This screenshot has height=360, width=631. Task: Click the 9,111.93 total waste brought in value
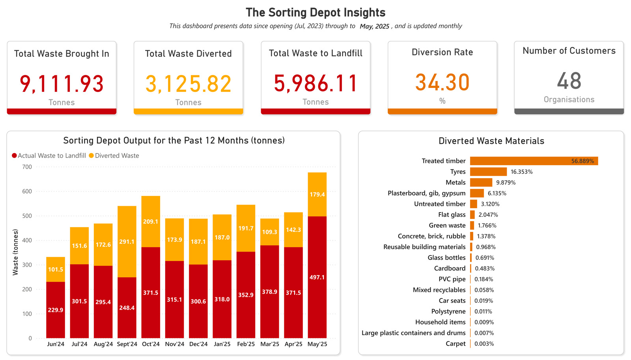coord(62,84)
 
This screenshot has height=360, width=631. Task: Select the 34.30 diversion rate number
coord(442,82)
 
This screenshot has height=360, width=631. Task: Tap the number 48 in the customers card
coord(569,81)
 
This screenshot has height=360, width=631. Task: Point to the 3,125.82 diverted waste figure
coord(188,84)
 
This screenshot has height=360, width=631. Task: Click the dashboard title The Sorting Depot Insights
coord(315,13)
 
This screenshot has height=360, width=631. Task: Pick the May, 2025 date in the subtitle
coord(374,26)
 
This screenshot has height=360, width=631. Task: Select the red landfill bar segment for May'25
coord(317,277)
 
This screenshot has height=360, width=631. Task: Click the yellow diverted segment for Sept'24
coord(127,241)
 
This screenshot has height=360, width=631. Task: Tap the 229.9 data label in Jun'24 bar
coord(56,310)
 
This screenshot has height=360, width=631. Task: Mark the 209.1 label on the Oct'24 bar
coord(151,222)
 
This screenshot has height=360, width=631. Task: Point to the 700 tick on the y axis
coord(27,167)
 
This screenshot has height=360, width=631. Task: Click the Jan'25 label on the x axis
coord(222,344)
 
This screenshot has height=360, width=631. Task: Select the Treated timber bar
coord(534,161)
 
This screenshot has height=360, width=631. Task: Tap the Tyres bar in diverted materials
coord(488,172)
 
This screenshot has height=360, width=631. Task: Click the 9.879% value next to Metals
coord(506,183)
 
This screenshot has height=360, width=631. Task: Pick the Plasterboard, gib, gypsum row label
coord(426,193)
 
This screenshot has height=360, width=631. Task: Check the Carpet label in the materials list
coord(456,343)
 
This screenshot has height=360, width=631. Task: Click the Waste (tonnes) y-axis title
coord(15,252)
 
